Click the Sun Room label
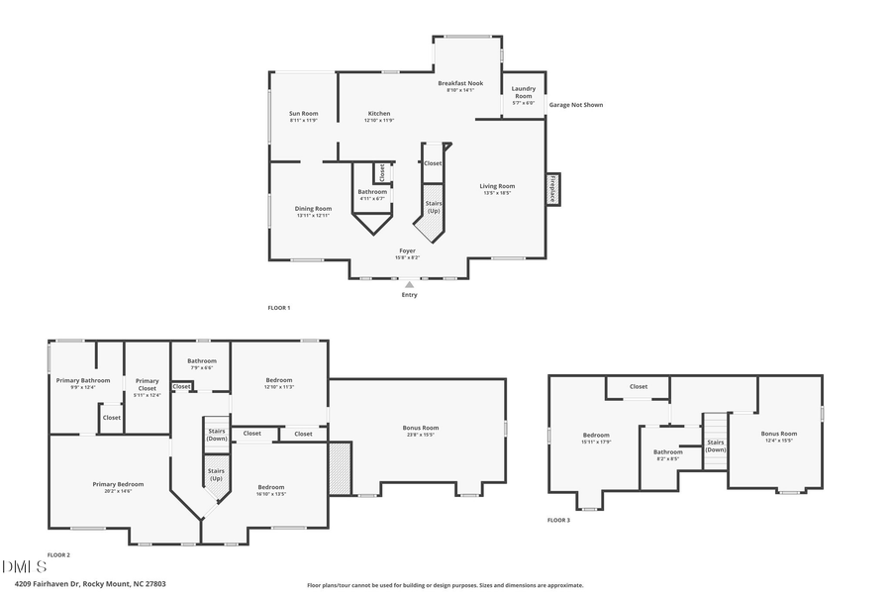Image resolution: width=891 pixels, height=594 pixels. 303,117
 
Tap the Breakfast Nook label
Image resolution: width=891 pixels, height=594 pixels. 459,86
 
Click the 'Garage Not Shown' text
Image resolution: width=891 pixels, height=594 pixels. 575,105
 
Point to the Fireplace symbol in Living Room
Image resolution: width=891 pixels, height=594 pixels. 552,188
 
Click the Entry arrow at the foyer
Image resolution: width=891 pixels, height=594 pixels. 409,285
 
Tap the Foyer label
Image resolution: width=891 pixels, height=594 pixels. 408,253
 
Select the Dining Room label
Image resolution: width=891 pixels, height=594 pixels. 313,211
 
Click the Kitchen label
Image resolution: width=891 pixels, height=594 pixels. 379,117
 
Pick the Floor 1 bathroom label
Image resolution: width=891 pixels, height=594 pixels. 372,194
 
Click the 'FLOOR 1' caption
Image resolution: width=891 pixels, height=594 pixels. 278,308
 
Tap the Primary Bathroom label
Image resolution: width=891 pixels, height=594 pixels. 68,383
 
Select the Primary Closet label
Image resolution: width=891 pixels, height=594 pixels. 147,384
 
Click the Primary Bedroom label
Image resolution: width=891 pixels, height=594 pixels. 118,487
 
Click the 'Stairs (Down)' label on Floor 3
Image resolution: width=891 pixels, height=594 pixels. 715,445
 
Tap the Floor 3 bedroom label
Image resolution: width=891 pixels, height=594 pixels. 596,438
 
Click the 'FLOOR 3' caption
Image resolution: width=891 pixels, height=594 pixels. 558,520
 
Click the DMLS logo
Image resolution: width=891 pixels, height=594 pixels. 24,567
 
